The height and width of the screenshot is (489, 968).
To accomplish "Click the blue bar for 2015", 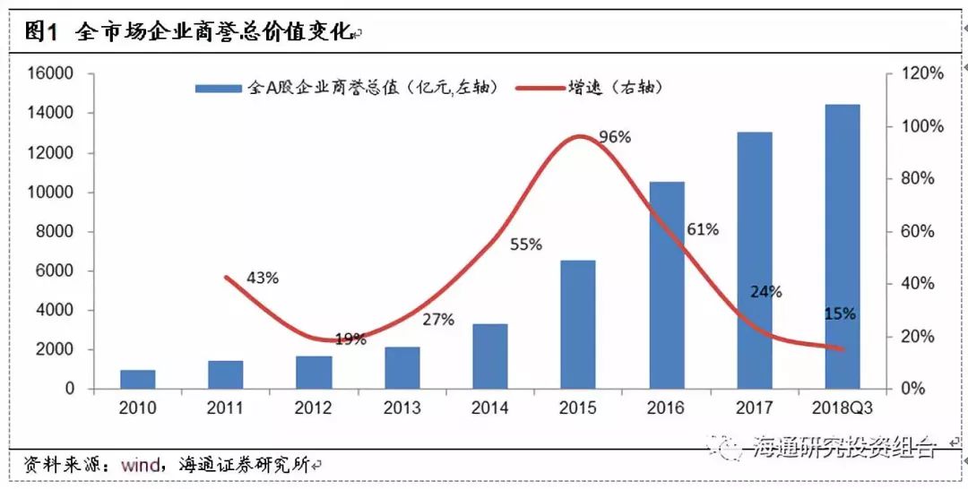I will coord(577,325).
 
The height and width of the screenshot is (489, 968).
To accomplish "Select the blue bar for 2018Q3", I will coord(842,247).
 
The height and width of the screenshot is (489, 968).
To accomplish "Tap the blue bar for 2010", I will coord(137,380).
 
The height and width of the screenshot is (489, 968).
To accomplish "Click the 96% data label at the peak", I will coord(615,137).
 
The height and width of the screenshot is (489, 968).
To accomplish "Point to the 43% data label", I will coord(262,278).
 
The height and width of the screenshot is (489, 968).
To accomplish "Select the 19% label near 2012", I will coord(350,339).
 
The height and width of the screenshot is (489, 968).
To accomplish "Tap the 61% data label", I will coord(703,229).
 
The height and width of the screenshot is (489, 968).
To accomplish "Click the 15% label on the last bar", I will coord(840,313).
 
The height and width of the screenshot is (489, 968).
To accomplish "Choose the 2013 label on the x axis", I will coord(402,408).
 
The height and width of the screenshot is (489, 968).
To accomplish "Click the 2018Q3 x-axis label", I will coord(842,408).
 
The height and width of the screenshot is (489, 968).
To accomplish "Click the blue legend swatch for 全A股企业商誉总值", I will coord(218,88).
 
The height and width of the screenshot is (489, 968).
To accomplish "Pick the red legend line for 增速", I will coord(536,88).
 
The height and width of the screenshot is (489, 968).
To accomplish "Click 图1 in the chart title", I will coord(41,33).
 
